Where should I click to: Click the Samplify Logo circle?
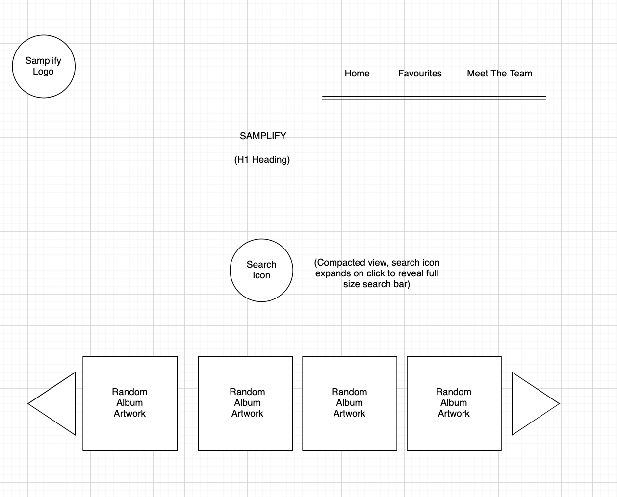coord(44,66)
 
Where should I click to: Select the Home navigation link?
coord(357,74)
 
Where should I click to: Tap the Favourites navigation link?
coord(420,74)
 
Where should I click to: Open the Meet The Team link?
coord(499,74)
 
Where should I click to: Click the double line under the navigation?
coord(434,98)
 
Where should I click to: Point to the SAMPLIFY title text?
coord(263,136)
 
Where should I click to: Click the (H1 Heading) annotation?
coord(262,160)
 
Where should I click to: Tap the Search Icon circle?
coord(261,270)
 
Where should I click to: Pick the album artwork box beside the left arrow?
coord(130,403)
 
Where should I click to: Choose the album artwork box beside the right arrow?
coord(454,403)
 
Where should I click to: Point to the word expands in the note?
coord(332,273)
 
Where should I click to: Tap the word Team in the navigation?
coord(521,74)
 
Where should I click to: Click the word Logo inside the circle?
coord(43,72)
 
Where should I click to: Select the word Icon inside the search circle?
coord(261,275)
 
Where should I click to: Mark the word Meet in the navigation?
coord(477,74)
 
